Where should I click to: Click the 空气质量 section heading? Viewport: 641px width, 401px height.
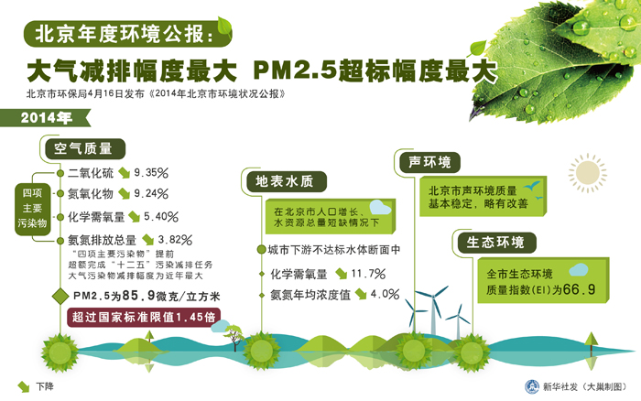tap(83, 148)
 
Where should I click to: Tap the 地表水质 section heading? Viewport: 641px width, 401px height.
tap(285, 181)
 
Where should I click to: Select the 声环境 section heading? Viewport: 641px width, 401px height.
tap(429, 162)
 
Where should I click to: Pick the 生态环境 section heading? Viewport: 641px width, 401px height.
tap(495, 242)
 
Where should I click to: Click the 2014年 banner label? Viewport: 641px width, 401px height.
tap(46, 118)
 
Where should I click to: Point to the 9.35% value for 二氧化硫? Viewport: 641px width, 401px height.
tap(151, 172)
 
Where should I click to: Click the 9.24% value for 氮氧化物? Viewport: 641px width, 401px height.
tap(151, 193)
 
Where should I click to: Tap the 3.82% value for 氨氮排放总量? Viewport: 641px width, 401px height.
tap(175, 240)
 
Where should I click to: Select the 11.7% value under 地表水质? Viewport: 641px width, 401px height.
tap(368, 274)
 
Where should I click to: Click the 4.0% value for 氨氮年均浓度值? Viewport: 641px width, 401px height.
tap(385, 294)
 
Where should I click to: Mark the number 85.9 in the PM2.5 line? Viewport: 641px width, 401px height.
tap(138, 295)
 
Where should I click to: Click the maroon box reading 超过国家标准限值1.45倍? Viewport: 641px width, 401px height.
tap(144, 317)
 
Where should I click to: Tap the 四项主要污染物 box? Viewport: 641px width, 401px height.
tap(32, 209)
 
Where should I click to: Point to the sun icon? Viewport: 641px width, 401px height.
tap(588, 173)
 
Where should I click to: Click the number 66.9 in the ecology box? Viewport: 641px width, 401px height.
tap(579, 289)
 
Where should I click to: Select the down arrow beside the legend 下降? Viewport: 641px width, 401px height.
tap(24, 386)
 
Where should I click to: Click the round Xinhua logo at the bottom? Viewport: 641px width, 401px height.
tap(532, 386)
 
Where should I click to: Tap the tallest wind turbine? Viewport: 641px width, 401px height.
tap(432, 309)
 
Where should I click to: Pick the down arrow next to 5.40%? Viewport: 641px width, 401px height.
tap(134, 217)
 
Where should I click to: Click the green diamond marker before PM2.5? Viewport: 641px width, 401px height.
tap(60, 296)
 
